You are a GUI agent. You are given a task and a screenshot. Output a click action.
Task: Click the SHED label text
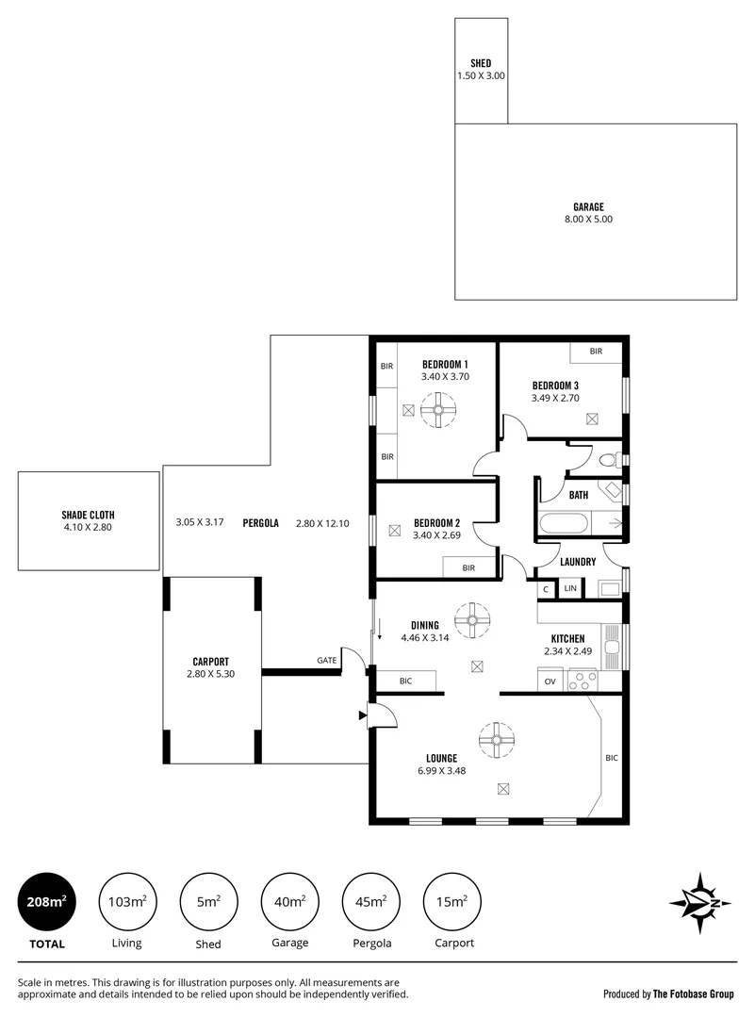coord(481,63)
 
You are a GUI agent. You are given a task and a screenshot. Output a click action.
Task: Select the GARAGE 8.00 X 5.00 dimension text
coord(588,219)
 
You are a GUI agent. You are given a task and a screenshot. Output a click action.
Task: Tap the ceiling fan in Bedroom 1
coord(438,411)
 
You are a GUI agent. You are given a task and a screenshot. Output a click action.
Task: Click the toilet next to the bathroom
coord(608,460)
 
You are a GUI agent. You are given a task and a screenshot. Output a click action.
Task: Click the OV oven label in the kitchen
coord(549,681)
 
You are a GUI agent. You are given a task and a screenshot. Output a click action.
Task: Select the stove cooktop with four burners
coord(583,680)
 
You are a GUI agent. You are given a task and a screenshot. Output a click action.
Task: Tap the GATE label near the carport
coord(326,661)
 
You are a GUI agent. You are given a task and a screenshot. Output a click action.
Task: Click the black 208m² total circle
coord(46,902)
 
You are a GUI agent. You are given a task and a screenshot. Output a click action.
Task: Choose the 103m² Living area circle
coord(126,902)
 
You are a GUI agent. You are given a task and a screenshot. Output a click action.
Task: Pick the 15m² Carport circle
coord(452,902)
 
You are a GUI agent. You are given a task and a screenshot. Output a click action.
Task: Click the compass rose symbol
coord(700,903)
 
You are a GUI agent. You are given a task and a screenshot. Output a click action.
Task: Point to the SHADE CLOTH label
coord(89,515)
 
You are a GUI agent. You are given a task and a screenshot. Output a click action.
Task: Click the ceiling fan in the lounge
coord(495,739)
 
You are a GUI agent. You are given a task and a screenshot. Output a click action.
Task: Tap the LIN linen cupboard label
coord(569,589)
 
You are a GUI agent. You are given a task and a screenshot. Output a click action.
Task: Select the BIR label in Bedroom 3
coord(596,352)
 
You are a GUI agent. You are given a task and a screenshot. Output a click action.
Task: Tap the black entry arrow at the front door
coord(363,716)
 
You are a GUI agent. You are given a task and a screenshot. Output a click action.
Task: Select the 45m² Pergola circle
coord(370,902)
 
